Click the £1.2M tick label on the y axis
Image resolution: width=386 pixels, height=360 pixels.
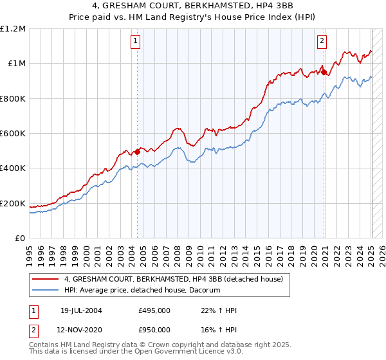click(x=13, y=29)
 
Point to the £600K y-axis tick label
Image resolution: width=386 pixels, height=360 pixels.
click(x=13, y=134)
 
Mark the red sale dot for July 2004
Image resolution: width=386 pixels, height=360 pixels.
click(x=138, y=152)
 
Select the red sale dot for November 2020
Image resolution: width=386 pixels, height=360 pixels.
click(x=323, y=72)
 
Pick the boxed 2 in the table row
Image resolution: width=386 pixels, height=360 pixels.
click(x=33, y=330)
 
